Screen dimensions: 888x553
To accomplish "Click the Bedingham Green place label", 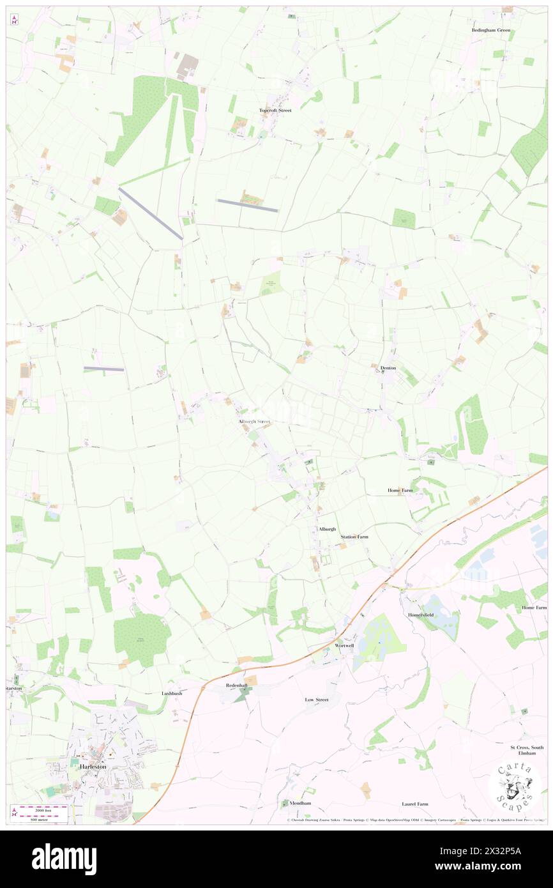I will (491, 30).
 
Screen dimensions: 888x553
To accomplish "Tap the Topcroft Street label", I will (275, 111).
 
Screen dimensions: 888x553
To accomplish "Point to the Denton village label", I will (388, 368).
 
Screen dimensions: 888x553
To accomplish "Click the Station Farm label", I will (354, 537).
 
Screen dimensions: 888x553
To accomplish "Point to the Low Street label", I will (316, 700).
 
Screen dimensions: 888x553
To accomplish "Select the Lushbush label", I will (172, 693).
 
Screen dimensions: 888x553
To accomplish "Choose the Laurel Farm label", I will (415, 804).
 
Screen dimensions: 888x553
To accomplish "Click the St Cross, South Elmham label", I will (527, 750).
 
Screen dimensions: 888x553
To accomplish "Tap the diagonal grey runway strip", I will (151, 213).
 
